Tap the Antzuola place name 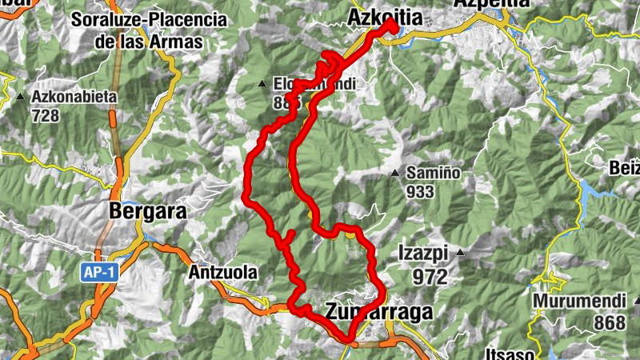[x=223, y=272]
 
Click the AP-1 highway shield [x=99, y=272]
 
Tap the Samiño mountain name [x=433, y=173]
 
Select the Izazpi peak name [x=424, y=254]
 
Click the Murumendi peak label [x=575, y=303]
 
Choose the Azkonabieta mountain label [x=74, y=97]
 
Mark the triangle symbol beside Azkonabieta [x=20, y=97]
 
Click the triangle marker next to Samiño [x=394, y=172]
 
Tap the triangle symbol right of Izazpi [x=460, y=253]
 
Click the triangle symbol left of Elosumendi [x=262, y=83]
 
